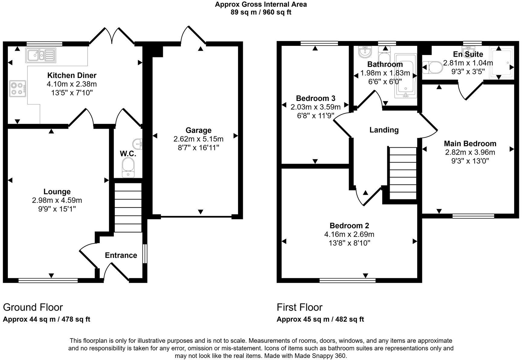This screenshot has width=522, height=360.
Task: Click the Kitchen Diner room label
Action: point(72,76)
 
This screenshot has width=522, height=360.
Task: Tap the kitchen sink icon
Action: point(41,55)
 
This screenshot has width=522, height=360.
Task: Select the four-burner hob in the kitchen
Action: point(18,88)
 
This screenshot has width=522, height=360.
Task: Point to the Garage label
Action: point(198,130)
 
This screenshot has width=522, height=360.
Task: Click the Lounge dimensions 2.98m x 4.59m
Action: point(57,200)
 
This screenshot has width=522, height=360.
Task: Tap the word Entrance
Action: point(121,256)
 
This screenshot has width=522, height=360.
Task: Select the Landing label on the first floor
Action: point(384,130)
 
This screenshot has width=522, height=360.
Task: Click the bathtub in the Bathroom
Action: point(406,76)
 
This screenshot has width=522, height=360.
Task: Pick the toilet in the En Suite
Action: point(432,68)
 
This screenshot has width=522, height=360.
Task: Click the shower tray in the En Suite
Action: point(502,63)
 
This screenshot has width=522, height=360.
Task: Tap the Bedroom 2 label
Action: point(349,226)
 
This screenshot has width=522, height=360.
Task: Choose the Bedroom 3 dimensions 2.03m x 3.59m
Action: point(315,107)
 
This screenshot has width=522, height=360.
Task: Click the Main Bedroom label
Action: point(470,144)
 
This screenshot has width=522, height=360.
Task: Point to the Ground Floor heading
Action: point(33,307)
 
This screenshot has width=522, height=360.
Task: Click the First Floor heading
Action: point(300,307)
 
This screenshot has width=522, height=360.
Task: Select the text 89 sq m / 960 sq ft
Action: point(261,12)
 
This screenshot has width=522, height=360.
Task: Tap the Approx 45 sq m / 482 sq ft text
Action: point(320,320)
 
